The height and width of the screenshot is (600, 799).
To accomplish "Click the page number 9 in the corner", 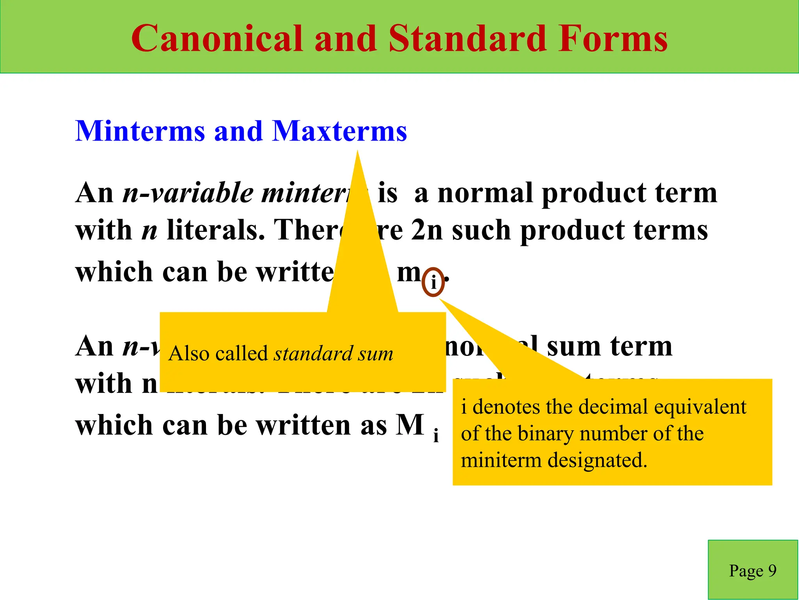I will click(772, 571).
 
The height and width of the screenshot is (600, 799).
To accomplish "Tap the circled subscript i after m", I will click(433, 282).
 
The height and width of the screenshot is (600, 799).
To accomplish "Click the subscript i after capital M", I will click(436, 436).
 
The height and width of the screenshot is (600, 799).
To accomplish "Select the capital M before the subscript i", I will click(410, 425).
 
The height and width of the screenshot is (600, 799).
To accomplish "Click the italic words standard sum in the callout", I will click(333, 354).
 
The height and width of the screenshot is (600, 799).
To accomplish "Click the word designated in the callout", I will click(597, 460).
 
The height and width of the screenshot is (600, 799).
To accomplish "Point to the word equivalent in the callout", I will click(700, 407).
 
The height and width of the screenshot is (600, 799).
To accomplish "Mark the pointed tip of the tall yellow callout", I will click(357, 152).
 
